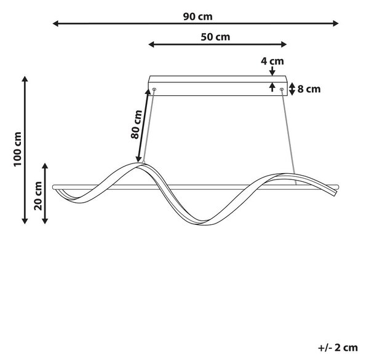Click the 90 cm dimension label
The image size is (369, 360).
[x=197, y=17]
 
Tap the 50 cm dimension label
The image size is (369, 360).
[x=215, y=37]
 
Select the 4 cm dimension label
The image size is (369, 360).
[x=272, y=61]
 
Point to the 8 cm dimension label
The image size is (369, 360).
[x=309, y=89]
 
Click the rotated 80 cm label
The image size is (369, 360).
[x=137, y=124]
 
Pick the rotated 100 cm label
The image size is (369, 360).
[x=17, y=149]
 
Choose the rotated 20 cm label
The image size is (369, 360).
[x=38, y=196]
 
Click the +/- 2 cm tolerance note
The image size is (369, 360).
[x=338, y=348]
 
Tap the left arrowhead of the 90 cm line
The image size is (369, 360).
[x=55, y=23]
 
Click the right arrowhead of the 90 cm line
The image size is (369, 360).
[x=336, y=23]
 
